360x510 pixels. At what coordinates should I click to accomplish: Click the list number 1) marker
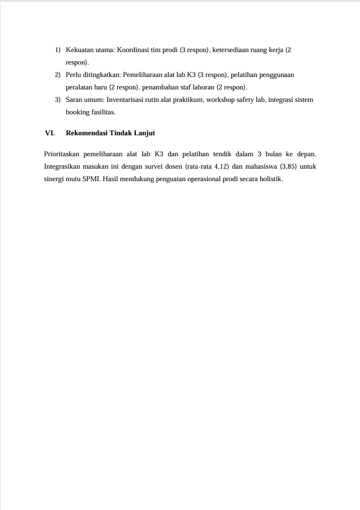tap(58, 50)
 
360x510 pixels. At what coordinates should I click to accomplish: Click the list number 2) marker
tap(58, 75)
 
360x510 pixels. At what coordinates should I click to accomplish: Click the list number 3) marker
tap(58, 100)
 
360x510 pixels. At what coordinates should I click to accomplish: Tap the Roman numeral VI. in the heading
tap(50, 133)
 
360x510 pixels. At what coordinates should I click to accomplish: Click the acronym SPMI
tap(92, 179)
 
